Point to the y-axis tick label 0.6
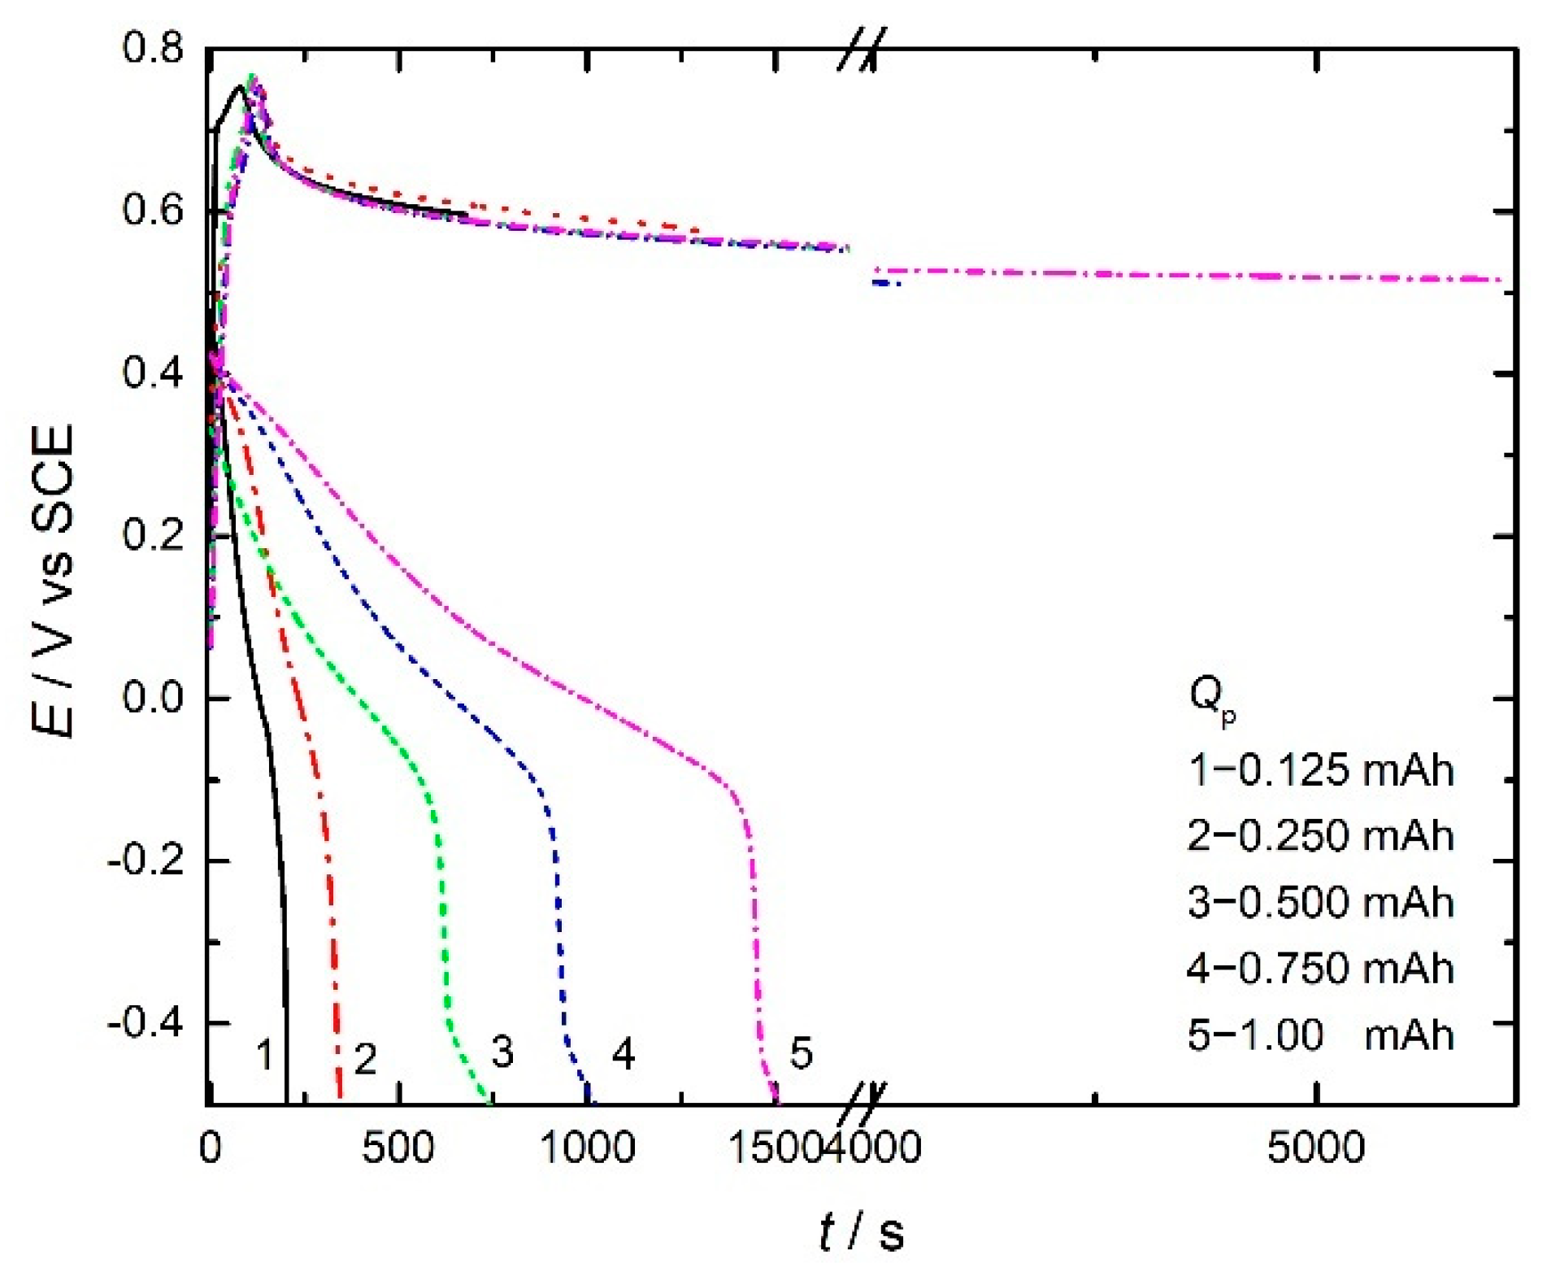coord(153,211)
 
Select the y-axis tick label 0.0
coord(153,698)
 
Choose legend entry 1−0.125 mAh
coord(1321,769)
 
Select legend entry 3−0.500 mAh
coord(1321,903)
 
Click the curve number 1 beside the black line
coord(264,1055)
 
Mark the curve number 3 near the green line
coord(502,1052)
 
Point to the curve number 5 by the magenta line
coord(801,1052)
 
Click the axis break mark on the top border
coord(862,49)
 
